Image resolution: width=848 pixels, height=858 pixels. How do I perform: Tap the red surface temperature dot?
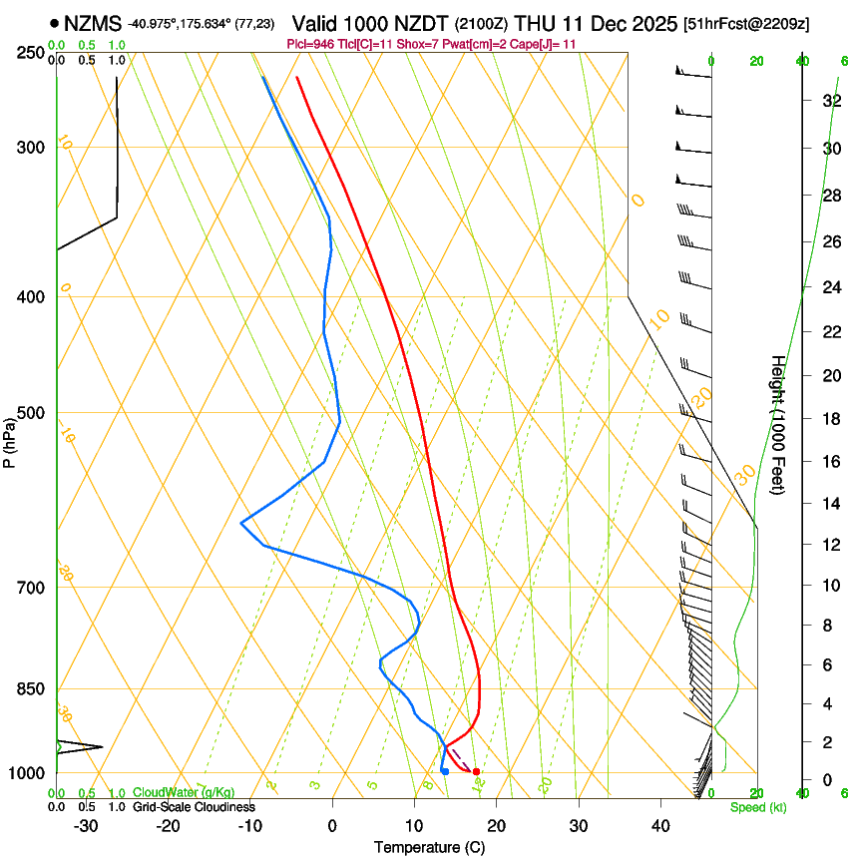(x=476, y=771)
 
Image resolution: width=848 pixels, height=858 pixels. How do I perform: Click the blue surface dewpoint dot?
(x=445, y=771)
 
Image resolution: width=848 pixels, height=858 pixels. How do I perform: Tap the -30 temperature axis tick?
(x=86, y=826)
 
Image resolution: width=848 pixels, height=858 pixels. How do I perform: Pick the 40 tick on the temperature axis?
(x=660, y=826)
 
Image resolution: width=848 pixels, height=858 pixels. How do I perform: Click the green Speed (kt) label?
(x=757, y=807)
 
